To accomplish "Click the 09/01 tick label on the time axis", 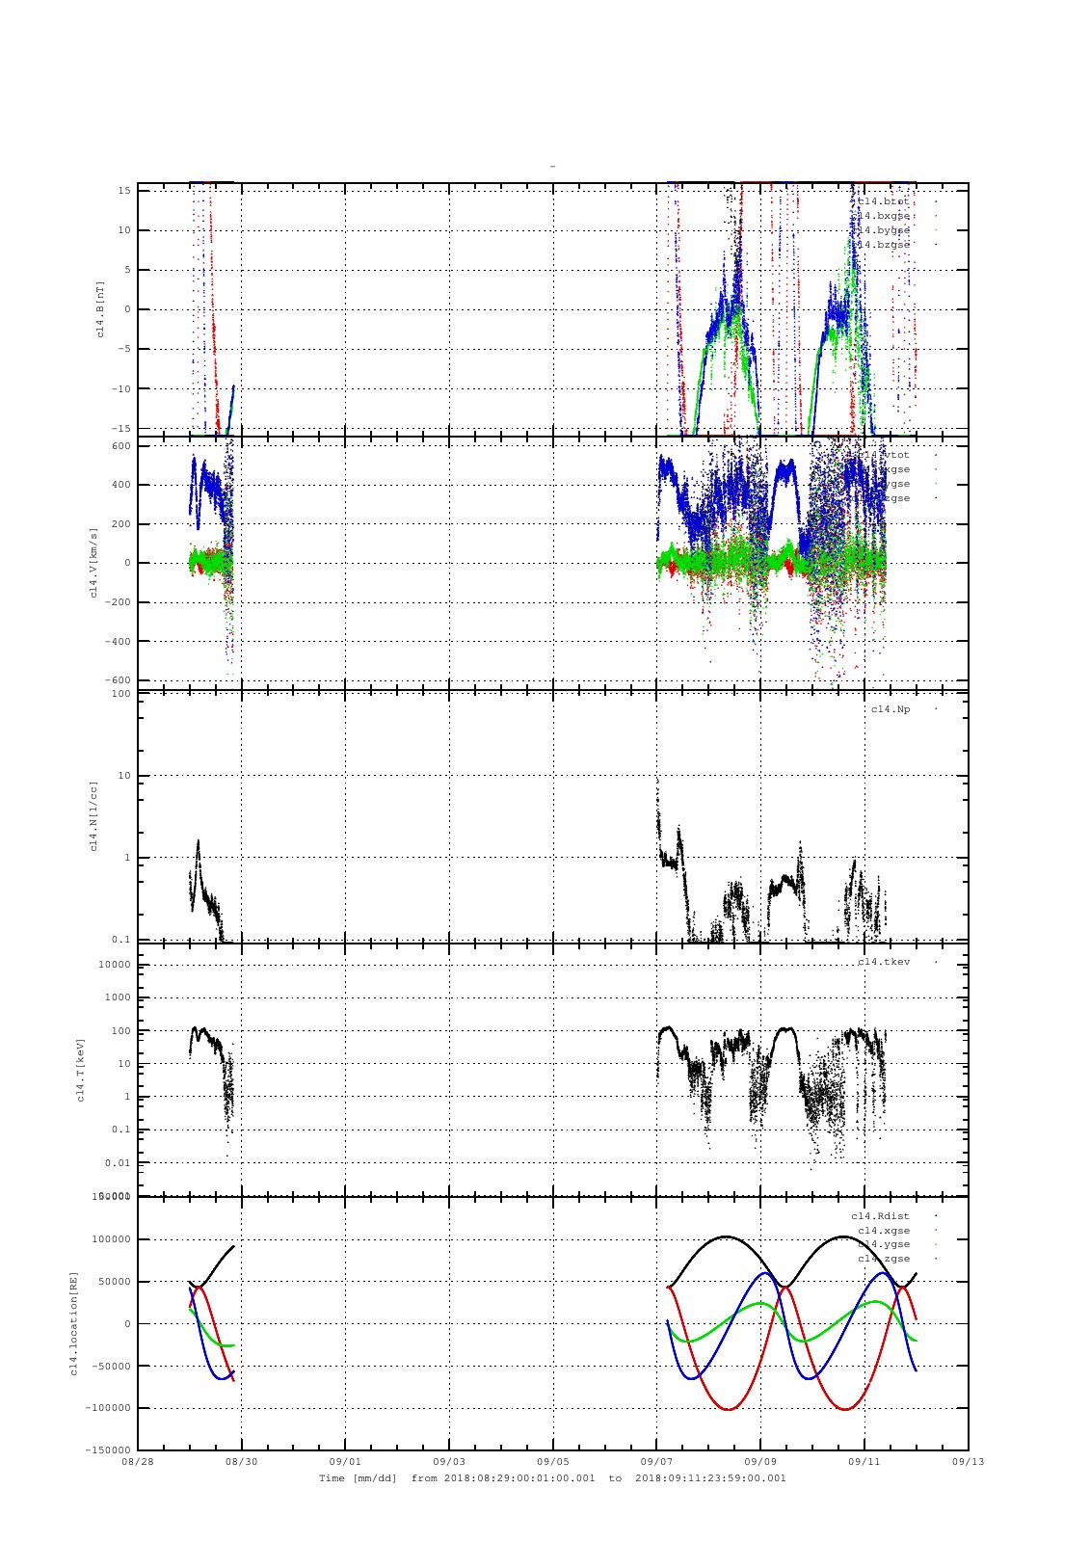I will (x=345, y=1461).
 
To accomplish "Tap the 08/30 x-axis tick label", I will (x=241, y=1461).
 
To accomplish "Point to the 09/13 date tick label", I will (x=968, y=1461).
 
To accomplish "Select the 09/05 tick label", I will (x=552, y=1461).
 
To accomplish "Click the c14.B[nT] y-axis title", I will (x=99, y=309).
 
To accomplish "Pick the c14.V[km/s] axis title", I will (x=93, y=563).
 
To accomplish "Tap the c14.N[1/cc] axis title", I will (x=93, y=816).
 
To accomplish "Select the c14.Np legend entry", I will (x=890, y=709).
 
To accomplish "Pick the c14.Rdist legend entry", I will (x=879, y=1216).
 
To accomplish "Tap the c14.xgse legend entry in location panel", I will (x=883, y=1231).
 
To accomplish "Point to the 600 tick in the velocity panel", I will (x=119, y=446).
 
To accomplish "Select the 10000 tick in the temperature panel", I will (x=114, y=965).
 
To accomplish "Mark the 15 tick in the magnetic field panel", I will (x=124, y=191).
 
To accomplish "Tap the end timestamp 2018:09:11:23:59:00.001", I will (x=710, y=1478).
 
